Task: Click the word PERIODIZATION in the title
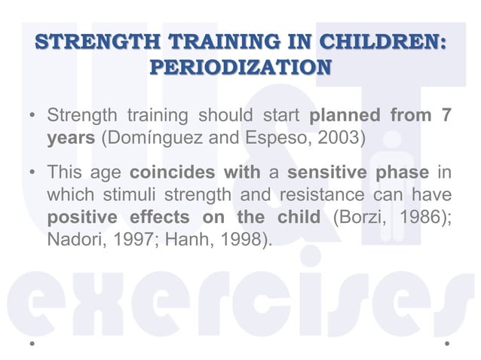point(240,67)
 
